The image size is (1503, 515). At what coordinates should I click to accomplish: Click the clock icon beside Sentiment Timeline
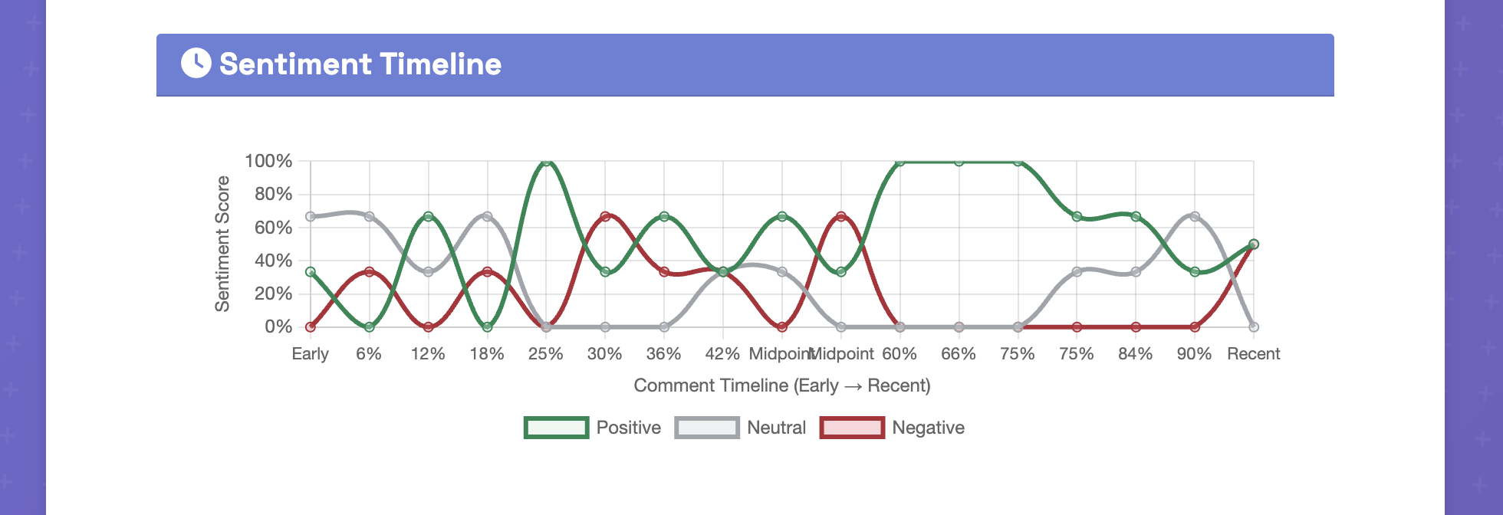tap(196, 64)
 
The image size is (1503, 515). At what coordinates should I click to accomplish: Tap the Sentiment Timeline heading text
tap(360, 64)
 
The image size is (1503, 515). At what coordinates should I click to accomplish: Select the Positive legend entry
tap(592, 428)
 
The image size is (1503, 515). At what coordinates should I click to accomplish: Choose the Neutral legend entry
tap(741, 428)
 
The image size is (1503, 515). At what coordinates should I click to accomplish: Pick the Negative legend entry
tap(893, 428)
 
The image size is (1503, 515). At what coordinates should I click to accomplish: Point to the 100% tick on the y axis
tap(268, 161)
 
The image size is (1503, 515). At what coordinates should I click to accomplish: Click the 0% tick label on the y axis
tap(278, 326)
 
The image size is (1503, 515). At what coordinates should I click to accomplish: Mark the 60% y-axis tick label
tap(273, 228)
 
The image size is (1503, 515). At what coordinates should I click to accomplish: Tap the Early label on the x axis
tap(310, 354)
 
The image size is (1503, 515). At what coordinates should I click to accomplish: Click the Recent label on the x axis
tap(1253, 354)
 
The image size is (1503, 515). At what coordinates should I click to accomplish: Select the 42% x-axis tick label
tap(722, 354)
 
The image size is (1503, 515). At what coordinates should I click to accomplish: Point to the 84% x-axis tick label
tap(1135, 354)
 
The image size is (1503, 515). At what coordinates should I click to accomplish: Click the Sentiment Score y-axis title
tap(222, 244)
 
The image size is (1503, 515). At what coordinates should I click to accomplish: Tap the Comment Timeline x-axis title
tap(781, 385)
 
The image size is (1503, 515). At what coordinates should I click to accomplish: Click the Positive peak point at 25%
tap(546, 162)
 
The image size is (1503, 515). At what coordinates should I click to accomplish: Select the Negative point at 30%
tap(605, 217)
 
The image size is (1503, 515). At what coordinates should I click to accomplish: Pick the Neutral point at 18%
tap(487, 217)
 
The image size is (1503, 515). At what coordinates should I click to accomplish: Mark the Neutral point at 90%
tap(1194, 217)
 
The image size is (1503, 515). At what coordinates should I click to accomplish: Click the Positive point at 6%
tap(369, 327)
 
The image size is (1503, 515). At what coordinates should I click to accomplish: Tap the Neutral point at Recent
tap(1253, 327)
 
